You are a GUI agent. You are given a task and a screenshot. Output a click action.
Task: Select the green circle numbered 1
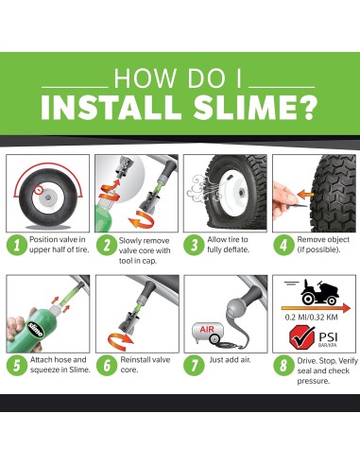[x=16, y=246]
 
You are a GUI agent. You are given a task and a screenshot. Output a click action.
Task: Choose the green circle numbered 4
[x=282, y=246]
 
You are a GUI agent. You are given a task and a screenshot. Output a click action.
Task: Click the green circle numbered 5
[x=16, y=364]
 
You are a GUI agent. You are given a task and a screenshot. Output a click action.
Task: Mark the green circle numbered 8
[x=282, y=364]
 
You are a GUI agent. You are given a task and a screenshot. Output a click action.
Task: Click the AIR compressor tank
[x=210, y=330]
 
